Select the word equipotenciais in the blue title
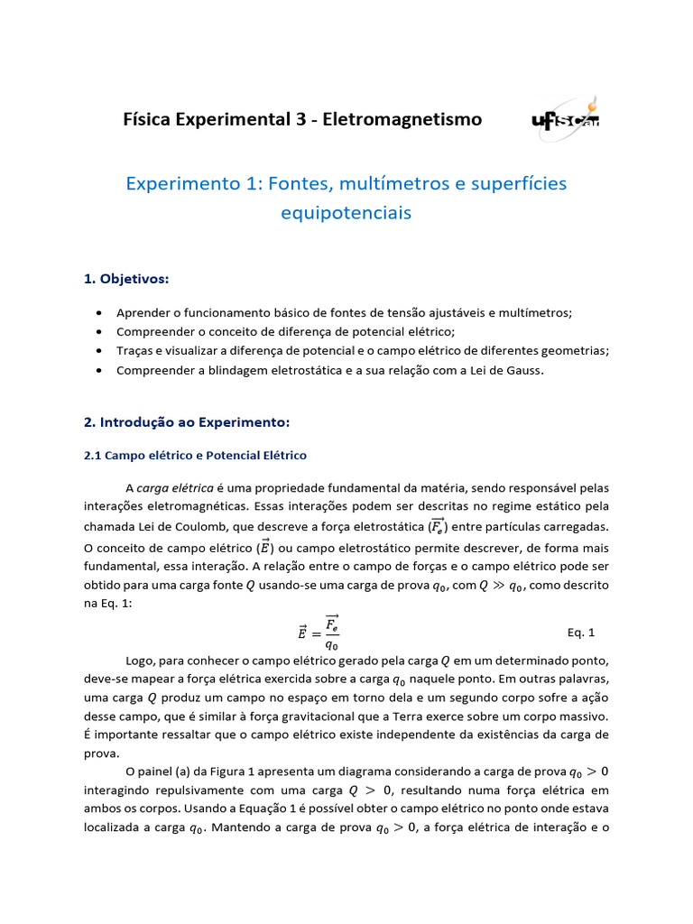[x=346, y=213]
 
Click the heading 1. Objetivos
[x=126, y=279]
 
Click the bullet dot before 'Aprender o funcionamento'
[x=97, y=312]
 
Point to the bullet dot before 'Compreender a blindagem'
[x=97, y=371]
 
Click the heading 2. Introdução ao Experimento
[x=186, y=422]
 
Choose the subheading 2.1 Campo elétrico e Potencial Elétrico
[x=195, y=456]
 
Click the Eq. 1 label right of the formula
[x=581, y=633]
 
